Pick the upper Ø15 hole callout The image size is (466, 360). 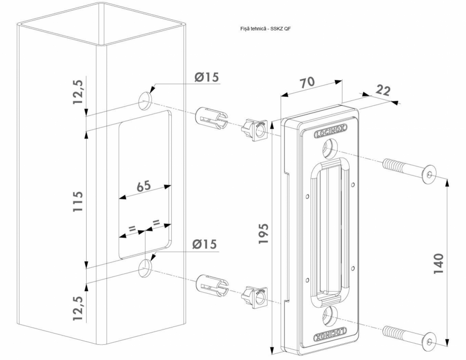pos(205,77)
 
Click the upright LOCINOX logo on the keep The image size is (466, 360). pos(330,133)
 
